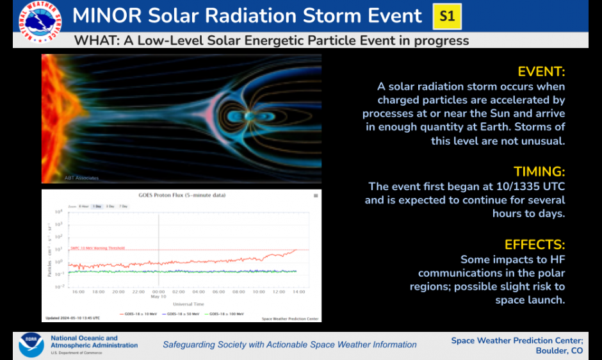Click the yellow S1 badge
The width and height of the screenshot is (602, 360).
[447, 16]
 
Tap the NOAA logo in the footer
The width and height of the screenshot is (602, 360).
[31, 345]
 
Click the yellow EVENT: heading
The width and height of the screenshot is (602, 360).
[541, 71]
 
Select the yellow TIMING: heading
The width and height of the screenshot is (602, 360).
[539, 172]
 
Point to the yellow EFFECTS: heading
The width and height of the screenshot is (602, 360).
[535, 245]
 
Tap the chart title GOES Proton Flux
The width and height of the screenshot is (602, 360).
[182, 195]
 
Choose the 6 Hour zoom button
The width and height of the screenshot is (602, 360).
[84, 206]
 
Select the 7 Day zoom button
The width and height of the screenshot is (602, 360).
[123, 206]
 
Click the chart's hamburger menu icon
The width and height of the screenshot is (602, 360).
[316, 195]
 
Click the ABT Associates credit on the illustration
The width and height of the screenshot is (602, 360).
[81, 177]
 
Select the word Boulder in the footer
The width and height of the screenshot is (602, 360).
[552, 351]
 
